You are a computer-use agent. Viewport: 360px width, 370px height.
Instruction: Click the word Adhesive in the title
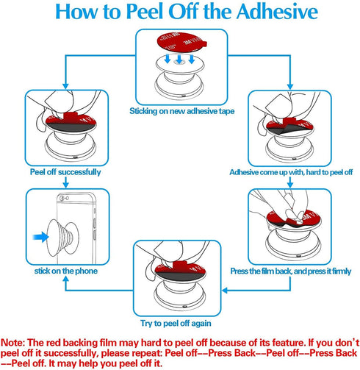277,12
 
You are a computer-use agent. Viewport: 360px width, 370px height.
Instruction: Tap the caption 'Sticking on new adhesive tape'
181,111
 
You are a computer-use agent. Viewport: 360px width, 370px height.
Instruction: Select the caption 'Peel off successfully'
65,172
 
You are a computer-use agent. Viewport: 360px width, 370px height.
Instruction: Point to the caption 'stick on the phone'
66,271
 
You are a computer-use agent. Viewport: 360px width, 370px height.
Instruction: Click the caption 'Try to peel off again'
176,323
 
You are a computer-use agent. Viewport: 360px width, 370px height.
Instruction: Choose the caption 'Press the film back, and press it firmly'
291,271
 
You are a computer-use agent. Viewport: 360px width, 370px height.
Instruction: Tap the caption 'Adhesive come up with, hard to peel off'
291,172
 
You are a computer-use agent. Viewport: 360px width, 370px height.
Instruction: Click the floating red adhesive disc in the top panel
181,41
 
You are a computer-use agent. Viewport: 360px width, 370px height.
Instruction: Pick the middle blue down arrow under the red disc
179,60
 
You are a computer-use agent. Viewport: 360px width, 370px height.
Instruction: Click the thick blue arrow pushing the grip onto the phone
40,237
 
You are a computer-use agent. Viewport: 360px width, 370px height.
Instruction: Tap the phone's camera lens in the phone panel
62,199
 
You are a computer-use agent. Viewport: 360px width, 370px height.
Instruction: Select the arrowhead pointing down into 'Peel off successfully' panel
65,86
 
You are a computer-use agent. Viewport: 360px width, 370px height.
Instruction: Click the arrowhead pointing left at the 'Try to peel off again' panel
226,291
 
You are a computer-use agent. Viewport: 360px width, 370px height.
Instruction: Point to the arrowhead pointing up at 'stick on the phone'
65,280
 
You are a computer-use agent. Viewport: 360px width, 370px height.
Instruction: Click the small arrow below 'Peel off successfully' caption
65,182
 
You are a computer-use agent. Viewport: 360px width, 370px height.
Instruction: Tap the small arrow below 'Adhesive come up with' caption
290,182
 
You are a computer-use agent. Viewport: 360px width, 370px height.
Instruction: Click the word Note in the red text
12,343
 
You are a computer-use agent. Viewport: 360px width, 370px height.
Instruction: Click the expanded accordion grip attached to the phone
63,238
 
